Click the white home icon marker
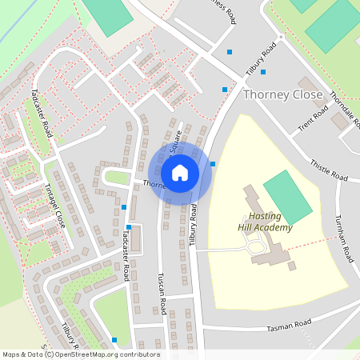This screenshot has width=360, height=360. pos(180,173)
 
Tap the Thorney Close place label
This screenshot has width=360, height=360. pos(282,94)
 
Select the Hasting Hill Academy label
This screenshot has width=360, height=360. pos(266,222)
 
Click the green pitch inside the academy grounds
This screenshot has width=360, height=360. pos(287,197)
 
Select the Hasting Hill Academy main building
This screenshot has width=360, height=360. pos(268,240)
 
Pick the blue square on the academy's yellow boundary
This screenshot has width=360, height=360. pos(213,164)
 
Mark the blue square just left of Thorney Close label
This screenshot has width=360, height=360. pos(225,90)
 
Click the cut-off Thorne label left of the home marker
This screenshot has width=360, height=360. pos(154,185)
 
